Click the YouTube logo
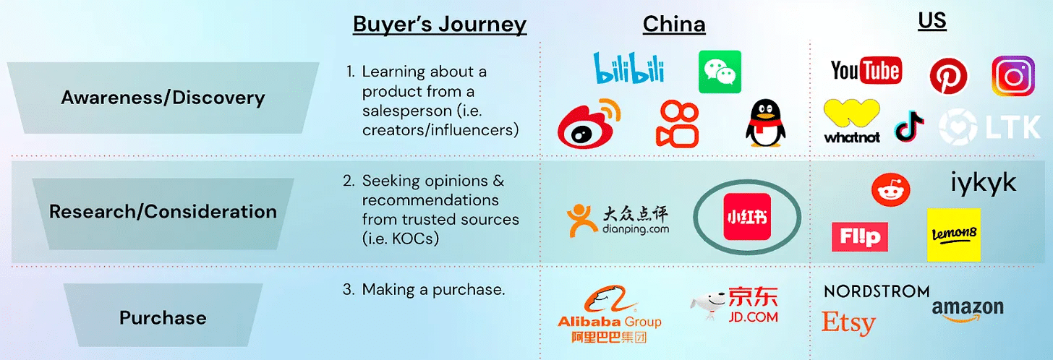(x=866, y=71)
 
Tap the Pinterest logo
(x=948, y=74)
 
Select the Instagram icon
(x=1013, y=76)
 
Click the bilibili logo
(x=628, y=67)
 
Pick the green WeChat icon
(x=720, y=71)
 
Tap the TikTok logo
(x=909, y=127)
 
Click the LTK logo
(x=989, y=127)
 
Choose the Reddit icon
(x=890, y=189)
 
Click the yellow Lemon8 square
(x=953, y=235)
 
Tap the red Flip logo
(x=859, y=237)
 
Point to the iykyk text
(x=983, y=183)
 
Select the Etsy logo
(x=848, y=323)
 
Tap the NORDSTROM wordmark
(x=877, y=291)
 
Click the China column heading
(x=674, y=25)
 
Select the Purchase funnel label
(x=163, y=317)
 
